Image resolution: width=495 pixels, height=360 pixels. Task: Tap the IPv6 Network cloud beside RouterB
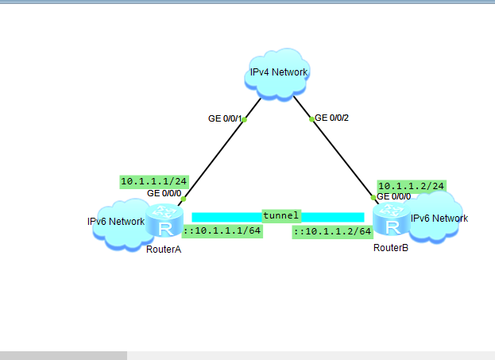pos(435,220)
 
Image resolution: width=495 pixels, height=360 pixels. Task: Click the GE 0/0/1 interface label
pos(224,118)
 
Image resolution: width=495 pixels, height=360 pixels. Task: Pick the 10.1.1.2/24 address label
pos(411,185)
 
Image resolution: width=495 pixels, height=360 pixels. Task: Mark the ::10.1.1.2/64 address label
pos(332,231)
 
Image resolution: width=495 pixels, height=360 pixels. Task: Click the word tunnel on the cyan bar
pos(281,215)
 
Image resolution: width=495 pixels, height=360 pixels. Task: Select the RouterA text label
pos(164,250)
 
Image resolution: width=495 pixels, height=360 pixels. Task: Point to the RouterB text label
pos(390,249)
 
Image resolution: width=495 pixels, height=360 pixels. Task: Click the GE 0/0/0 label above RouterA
pos(164,193)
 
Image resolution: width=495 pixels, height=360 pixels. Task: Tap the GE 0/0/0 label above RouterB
pos(394,196)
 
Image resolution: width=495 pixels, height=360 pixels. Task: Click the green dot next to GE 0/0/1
pos(245,120)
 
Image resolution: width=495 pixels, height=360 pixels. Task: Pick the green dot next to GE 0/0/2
pos(312,119)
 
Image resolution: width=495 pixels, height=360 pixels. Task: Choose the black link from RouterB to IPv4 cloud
pos(342,157)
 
